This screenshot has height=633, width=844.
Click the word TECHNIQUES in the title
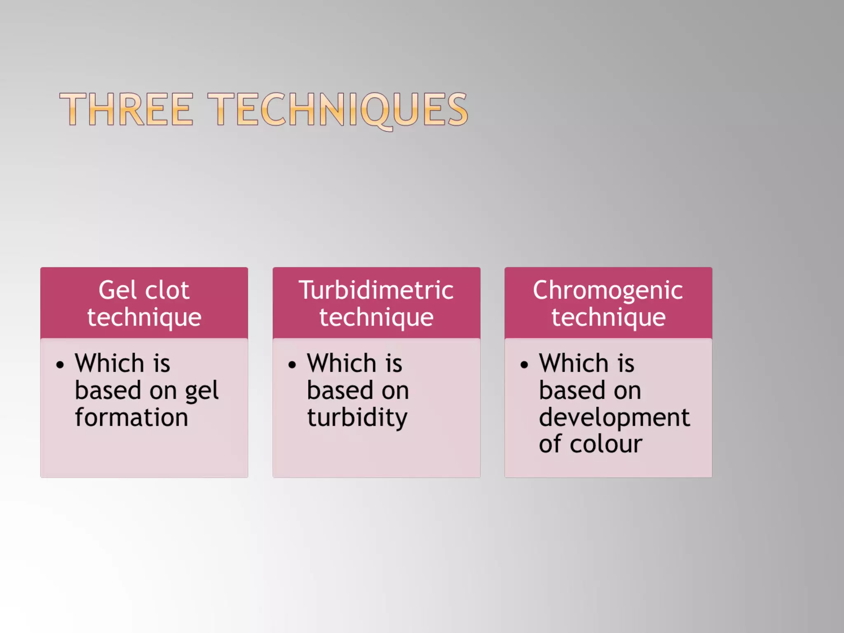(x=338, y=109)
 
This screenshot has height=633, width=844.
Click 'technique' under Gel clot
(x=144, y=317)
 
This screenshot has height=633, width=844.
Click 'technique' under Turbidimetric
(x=376, y=317)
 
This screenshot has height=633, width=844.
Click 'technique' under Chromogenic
(x=608, y=317)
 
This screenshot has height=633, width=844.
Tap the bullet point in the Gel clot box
(x=60, y=365)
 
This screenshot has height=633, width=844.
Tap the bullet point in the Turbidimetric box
(x=292, y=365)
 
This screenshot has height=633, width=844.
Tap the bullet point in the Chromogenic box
(x=524, y=365)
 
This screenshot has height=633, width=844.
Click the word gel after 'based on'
(x=202, y=391)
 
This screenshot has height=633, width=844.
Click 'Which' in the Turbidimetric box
(x=342, y=363)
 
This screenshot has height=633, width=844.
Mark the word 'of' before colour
(x=550, y=444)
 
